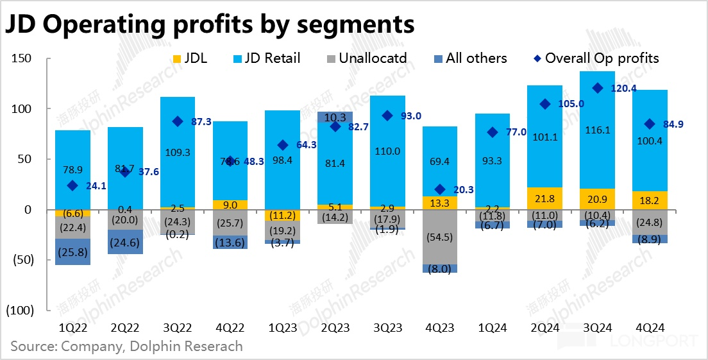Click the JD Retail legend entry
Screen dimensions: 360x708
pyautogui.click(x=264, y=58)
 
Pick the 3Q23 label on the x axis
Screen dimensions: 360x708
pyautogui.click(x=387, y=327)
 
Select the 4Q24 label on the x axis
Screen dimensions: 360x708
pyautogui.click(x=650, y=327)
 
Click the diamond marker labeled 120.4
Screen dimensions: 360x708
pyautogui.click(x=597, y=88)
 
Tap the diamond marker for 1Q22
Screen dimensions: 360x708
pyautogui.click(x=72, y=185)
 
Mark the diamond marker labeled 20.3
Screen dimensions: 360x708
pyautogui.click(x=439, y=189)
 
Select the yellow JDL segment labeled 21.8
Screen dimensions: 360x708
pyautogui.click(x=544, y=198)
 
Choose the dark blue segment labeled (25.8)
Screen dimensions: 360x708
pyautogui.click(x=72, y=252)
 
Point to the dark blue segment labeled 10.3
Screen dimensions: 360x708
pyautogui.click(x=335, y=117)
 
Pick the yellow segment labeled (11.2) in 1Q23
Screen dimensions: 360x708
pyautogui.click(x=282, y=215)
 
